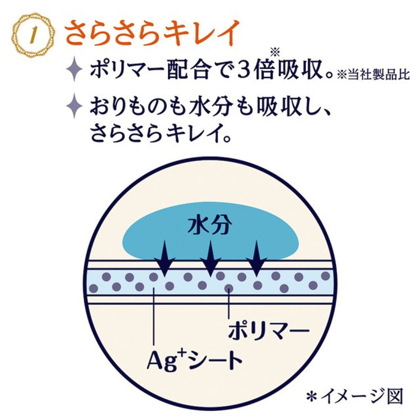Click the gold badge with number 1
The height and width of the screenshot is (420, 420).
click(34, 35)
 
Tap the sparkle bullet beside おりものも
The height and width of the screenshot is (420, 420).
click(74, 106)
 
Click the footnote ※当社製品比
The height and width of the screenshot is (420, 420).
click(373, 75)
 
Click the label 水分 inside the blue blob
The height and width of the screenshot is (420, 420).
click(210, 225)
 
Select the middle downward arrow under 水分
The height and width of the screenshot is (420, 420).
click(210, 259)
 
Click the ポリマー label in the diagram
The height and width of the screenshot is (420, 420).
click(269, 330)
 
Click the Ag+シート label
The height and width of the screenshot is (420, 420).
click(194, 360)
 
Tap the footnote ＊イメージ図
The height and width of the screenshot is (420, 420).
click(354, 396)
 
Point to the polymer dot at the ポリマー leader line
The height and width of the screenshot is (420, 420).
click(229, 288)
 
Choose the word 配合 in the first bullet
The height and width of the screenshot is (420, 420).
click(187, 70)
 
